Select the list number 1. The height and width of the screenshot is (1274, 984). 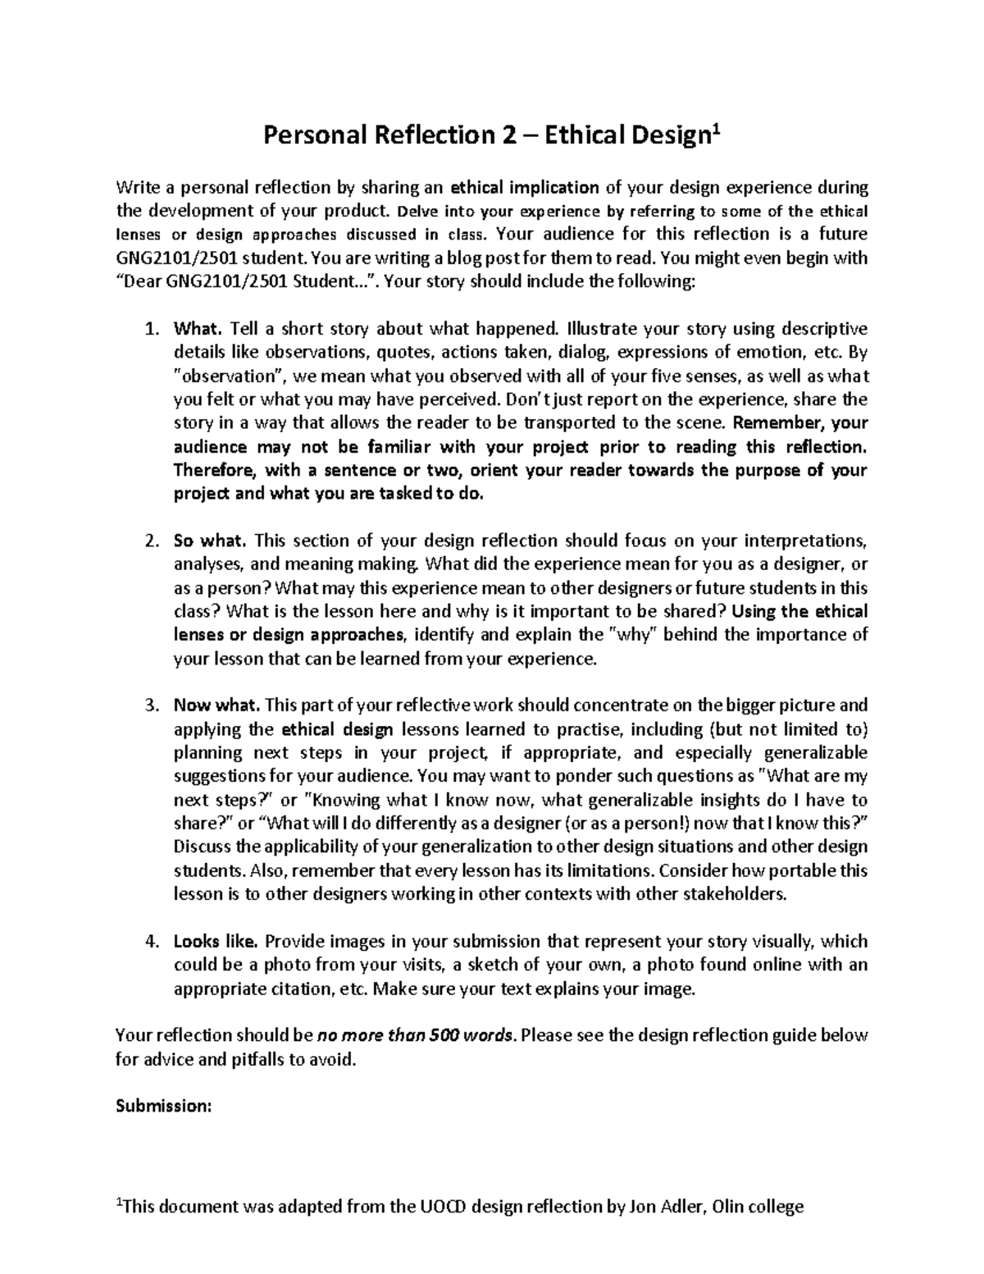(x=150, y=330)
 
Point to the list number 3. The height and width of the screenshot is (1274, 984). (x=150, y=706)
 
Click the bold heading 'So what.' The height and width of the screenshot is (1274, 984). (x=210, y=541)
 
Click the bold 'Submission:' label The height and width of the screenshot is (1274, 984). (x=164, y=1106)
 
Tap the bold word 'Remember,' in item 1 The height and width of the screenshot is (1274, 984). (x=777, y=424)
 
